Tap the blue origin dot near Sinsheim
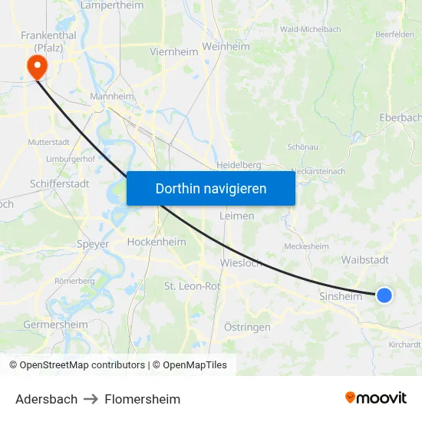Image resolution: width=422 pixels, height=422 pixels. (384, 295)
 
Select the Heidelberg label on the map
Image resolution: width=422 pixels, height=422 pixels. (239, 164)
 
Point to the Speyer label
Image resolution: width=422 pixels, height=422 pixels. (93, 244)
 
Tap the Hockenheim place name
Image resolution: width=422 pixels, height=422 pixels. (157, 242)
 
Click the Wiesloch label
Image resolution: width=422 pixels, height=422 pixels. (241, 262)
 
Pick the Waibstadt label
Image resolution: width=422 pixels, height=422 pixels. (364, 260)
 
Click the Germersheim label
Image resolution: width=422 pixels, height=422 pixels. (56, 325)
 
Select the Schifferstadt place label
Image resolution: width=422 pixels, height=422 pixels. (60, 184)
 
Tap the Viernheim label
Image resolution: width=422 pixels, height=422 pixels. (174, 52)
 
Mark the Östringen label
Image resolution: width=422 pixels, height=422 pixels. (247, 328)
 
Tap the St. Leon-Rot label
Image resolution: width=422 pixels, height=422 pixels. (193, 286)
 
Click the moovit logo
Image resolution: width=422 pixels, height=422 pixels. (376, 397)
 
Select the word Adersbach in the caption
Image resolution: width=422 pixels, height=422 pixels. (46, 399)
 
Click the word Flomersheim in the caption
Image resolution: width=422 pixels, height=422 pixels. (143, 399)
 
